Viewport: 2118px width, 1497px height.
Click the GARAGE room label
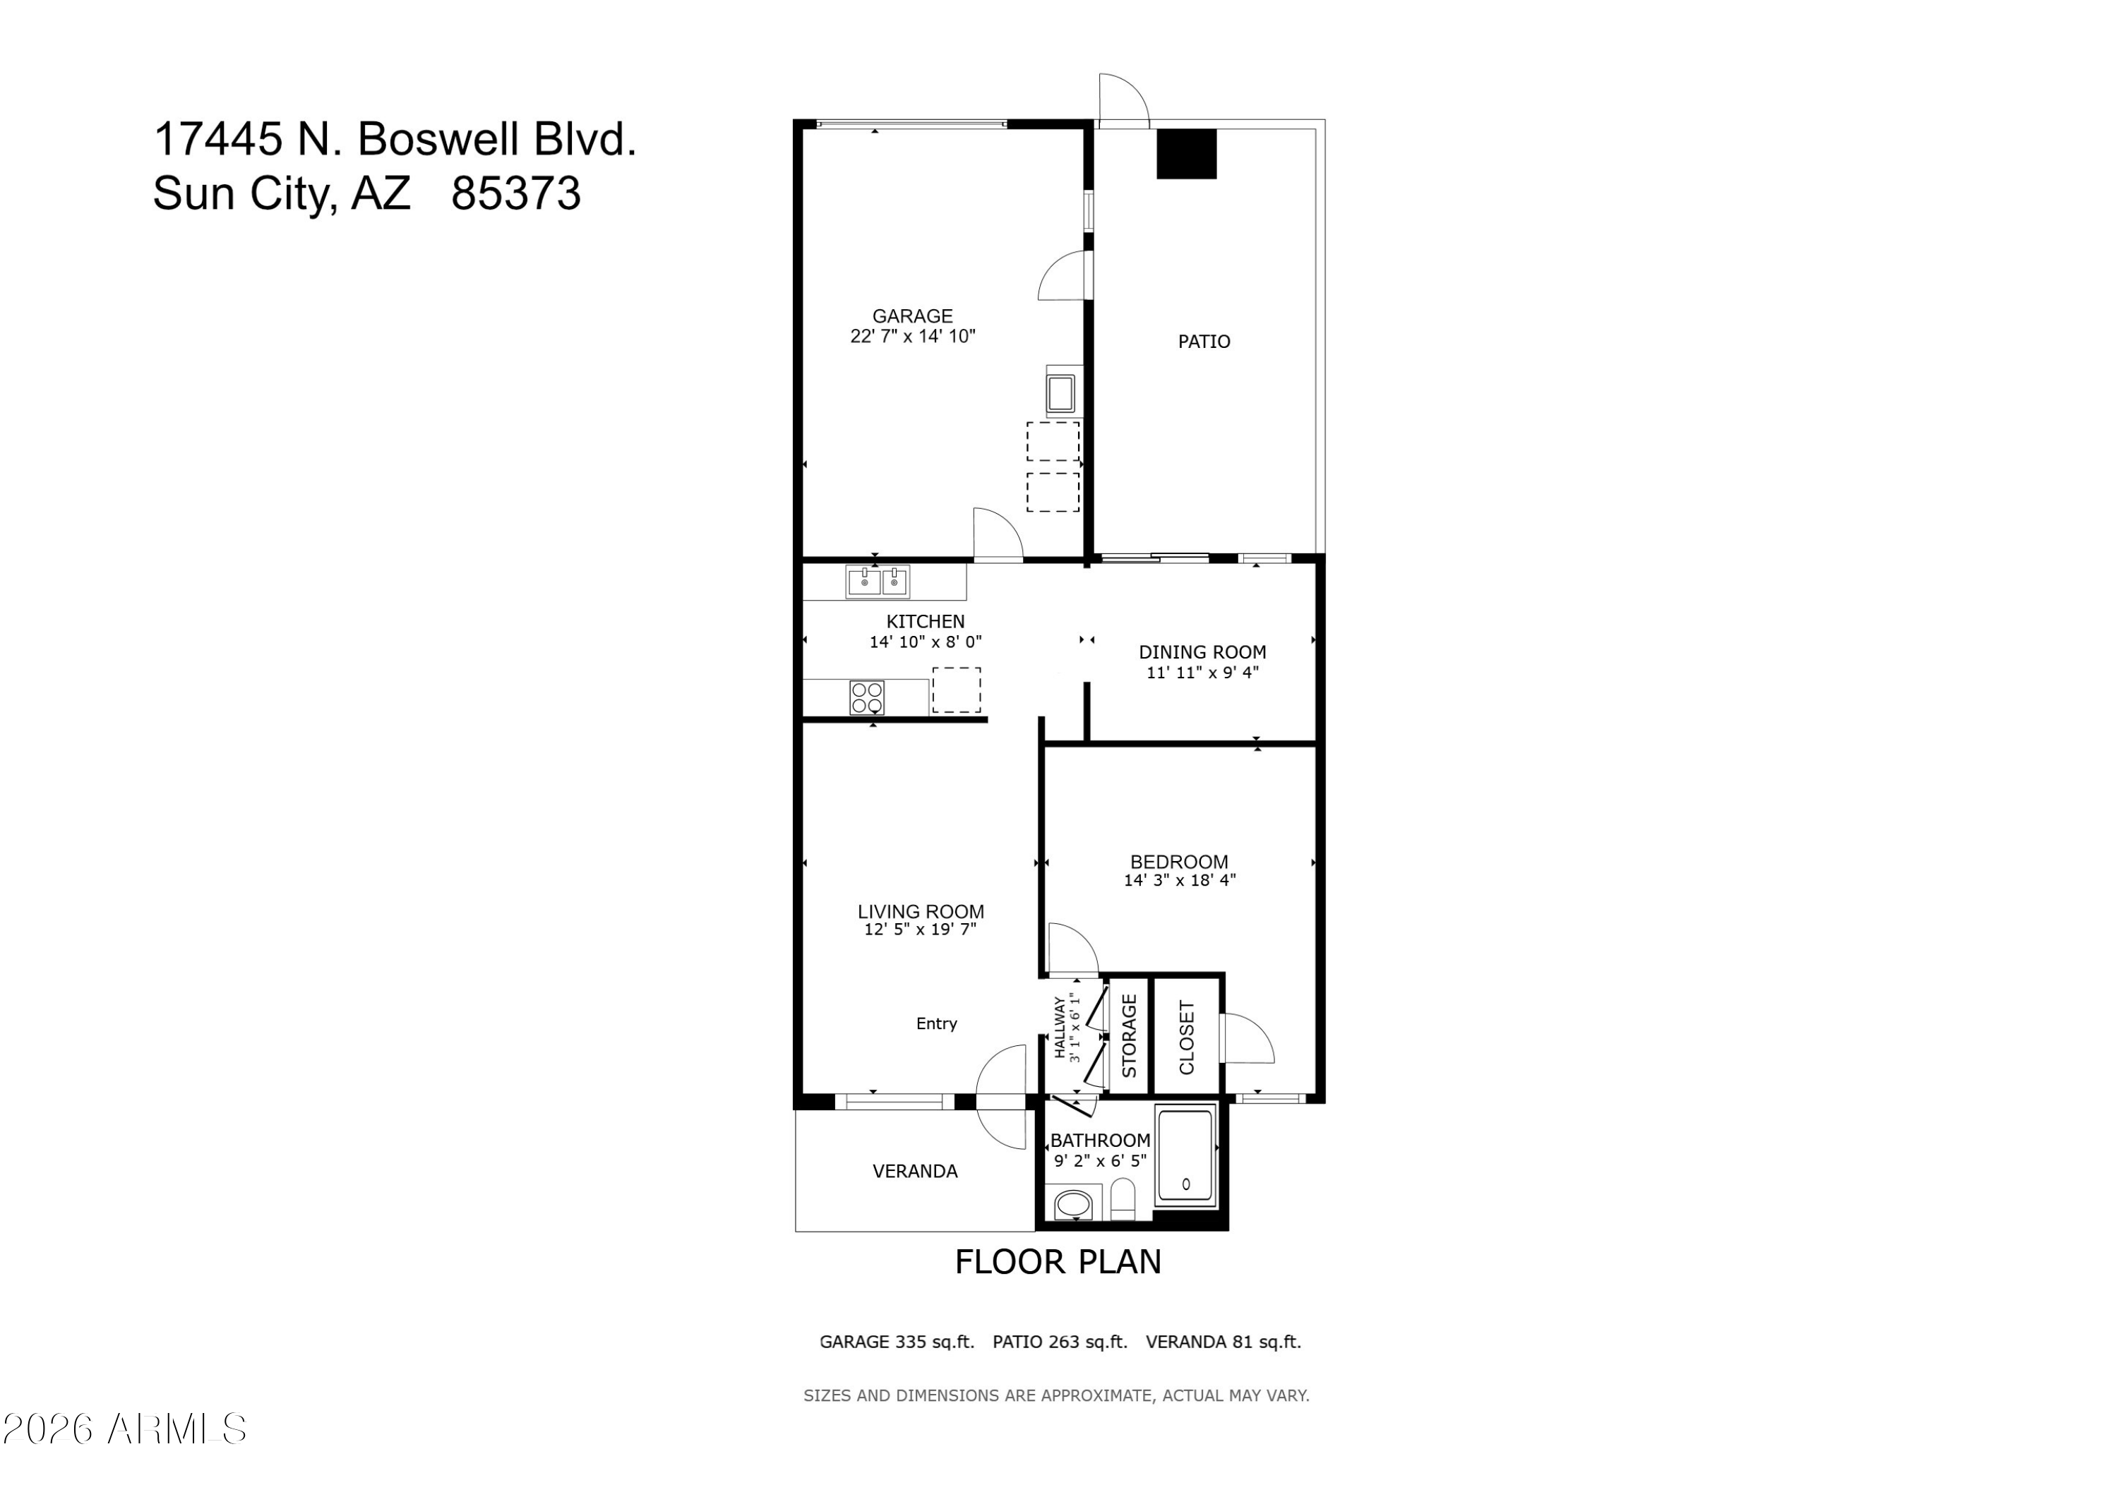912,316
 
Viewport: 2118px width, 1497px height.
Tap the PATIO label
1204,342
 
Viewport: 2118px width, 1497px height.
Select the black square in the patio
1187,153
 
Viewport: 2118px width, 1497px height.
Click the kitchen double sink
878,582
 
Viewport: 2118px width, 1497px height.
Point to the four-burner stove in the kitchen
867,697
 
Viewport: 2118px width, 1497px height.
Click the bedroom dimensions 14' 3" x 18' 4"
1179,881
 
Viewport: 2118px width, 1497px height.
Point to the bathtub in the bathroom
1186,1155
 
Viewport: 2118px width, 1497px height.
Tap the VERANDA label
915,1172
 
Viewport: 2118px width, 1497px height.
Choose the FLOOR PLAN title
1058,1262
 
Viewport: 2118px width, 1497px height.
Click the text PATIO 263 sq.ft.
1060,1342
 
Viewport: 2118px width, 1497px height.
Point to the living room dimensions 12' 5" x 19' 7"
920,930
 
